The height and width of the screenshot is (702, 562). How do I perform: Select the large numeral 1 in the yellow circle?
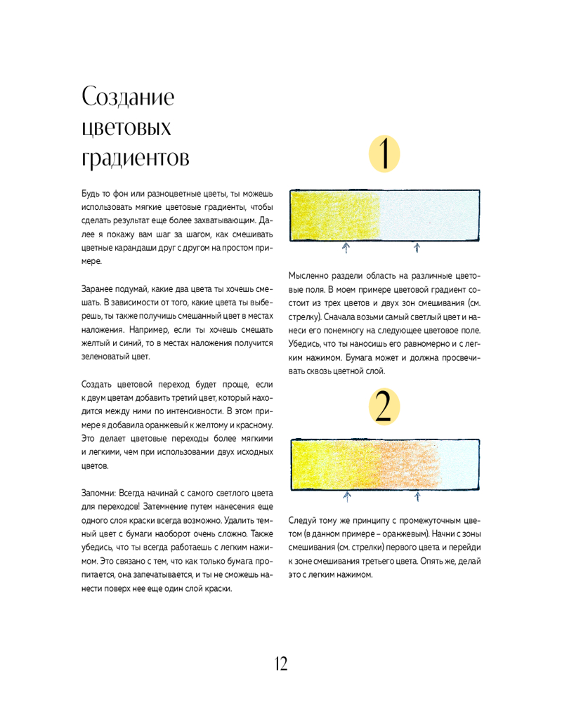[x=384, y=154]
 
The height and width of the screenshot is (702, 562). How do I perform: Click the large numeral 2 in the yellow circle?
[x=384, y=408]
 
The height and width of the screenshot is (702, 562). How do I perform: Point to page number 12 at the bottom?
[x=280, y=663]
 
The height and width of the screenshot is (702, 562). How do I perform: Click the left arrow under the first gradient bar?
[x=346, y=247]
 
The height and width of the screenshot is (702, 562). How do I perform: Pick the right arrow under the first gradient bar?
[x=417, y=247]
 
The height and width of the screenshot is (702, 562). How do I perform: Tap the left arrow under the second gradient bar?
[x=346, y=496]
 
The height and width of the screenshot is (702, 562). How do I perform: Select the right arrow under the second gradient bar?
[x=417, y=496]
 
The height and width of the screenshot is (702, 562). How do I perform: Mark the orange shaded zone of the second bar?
[x=411, y=464]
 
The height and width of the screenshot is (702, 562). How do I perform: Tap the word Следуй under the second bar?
[x=303, y=520]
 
